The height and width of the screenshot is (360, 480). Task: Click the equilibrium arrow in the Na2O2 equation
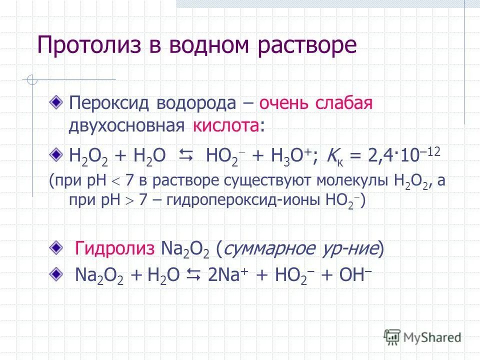[193, 275]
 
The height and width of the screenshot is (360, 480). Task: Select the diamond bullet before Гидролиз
[57, 246]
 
